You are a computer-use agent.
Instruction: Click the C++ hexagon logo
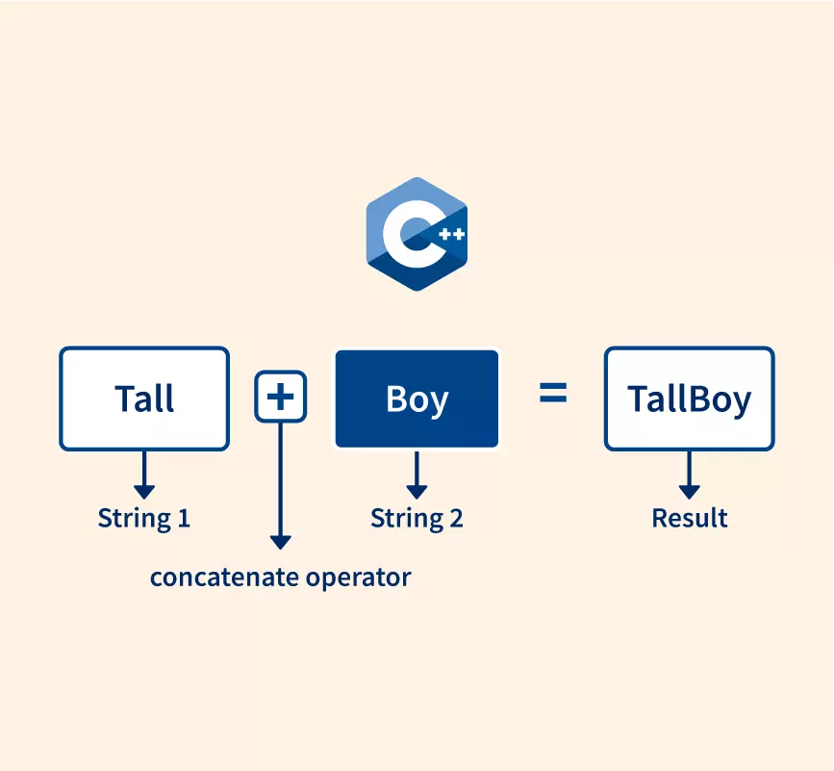(x=417, y=234)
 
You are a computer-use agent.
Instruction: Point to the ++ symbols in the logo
(x=451, y=234)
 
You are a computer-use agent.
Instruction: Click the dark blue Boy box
(x=417, y=398)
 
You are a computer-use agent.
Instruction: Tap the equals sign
(x=553, y=393)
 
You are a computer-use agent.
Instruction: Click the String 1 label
(x=144, y=518)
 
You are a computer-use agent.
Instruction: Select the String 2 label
(x=417, y=518)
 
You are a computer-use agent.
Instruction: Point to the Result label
(x=690, y=518)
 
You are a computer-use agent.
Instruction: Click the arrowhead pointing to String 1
(x=144, y=492)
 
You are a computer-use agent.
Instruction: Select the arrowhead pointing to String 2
(x=417, y=492)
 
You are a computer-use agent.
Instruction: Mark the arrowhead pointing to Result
(x=690, y=492)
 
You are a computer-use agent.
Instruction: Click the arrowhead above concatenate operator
(x=280, y=542)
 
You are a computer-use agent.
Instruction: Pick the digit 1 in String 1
(x=184, y=518)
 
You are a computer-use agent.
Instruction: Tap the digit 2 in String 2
(x=456, y=518)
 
